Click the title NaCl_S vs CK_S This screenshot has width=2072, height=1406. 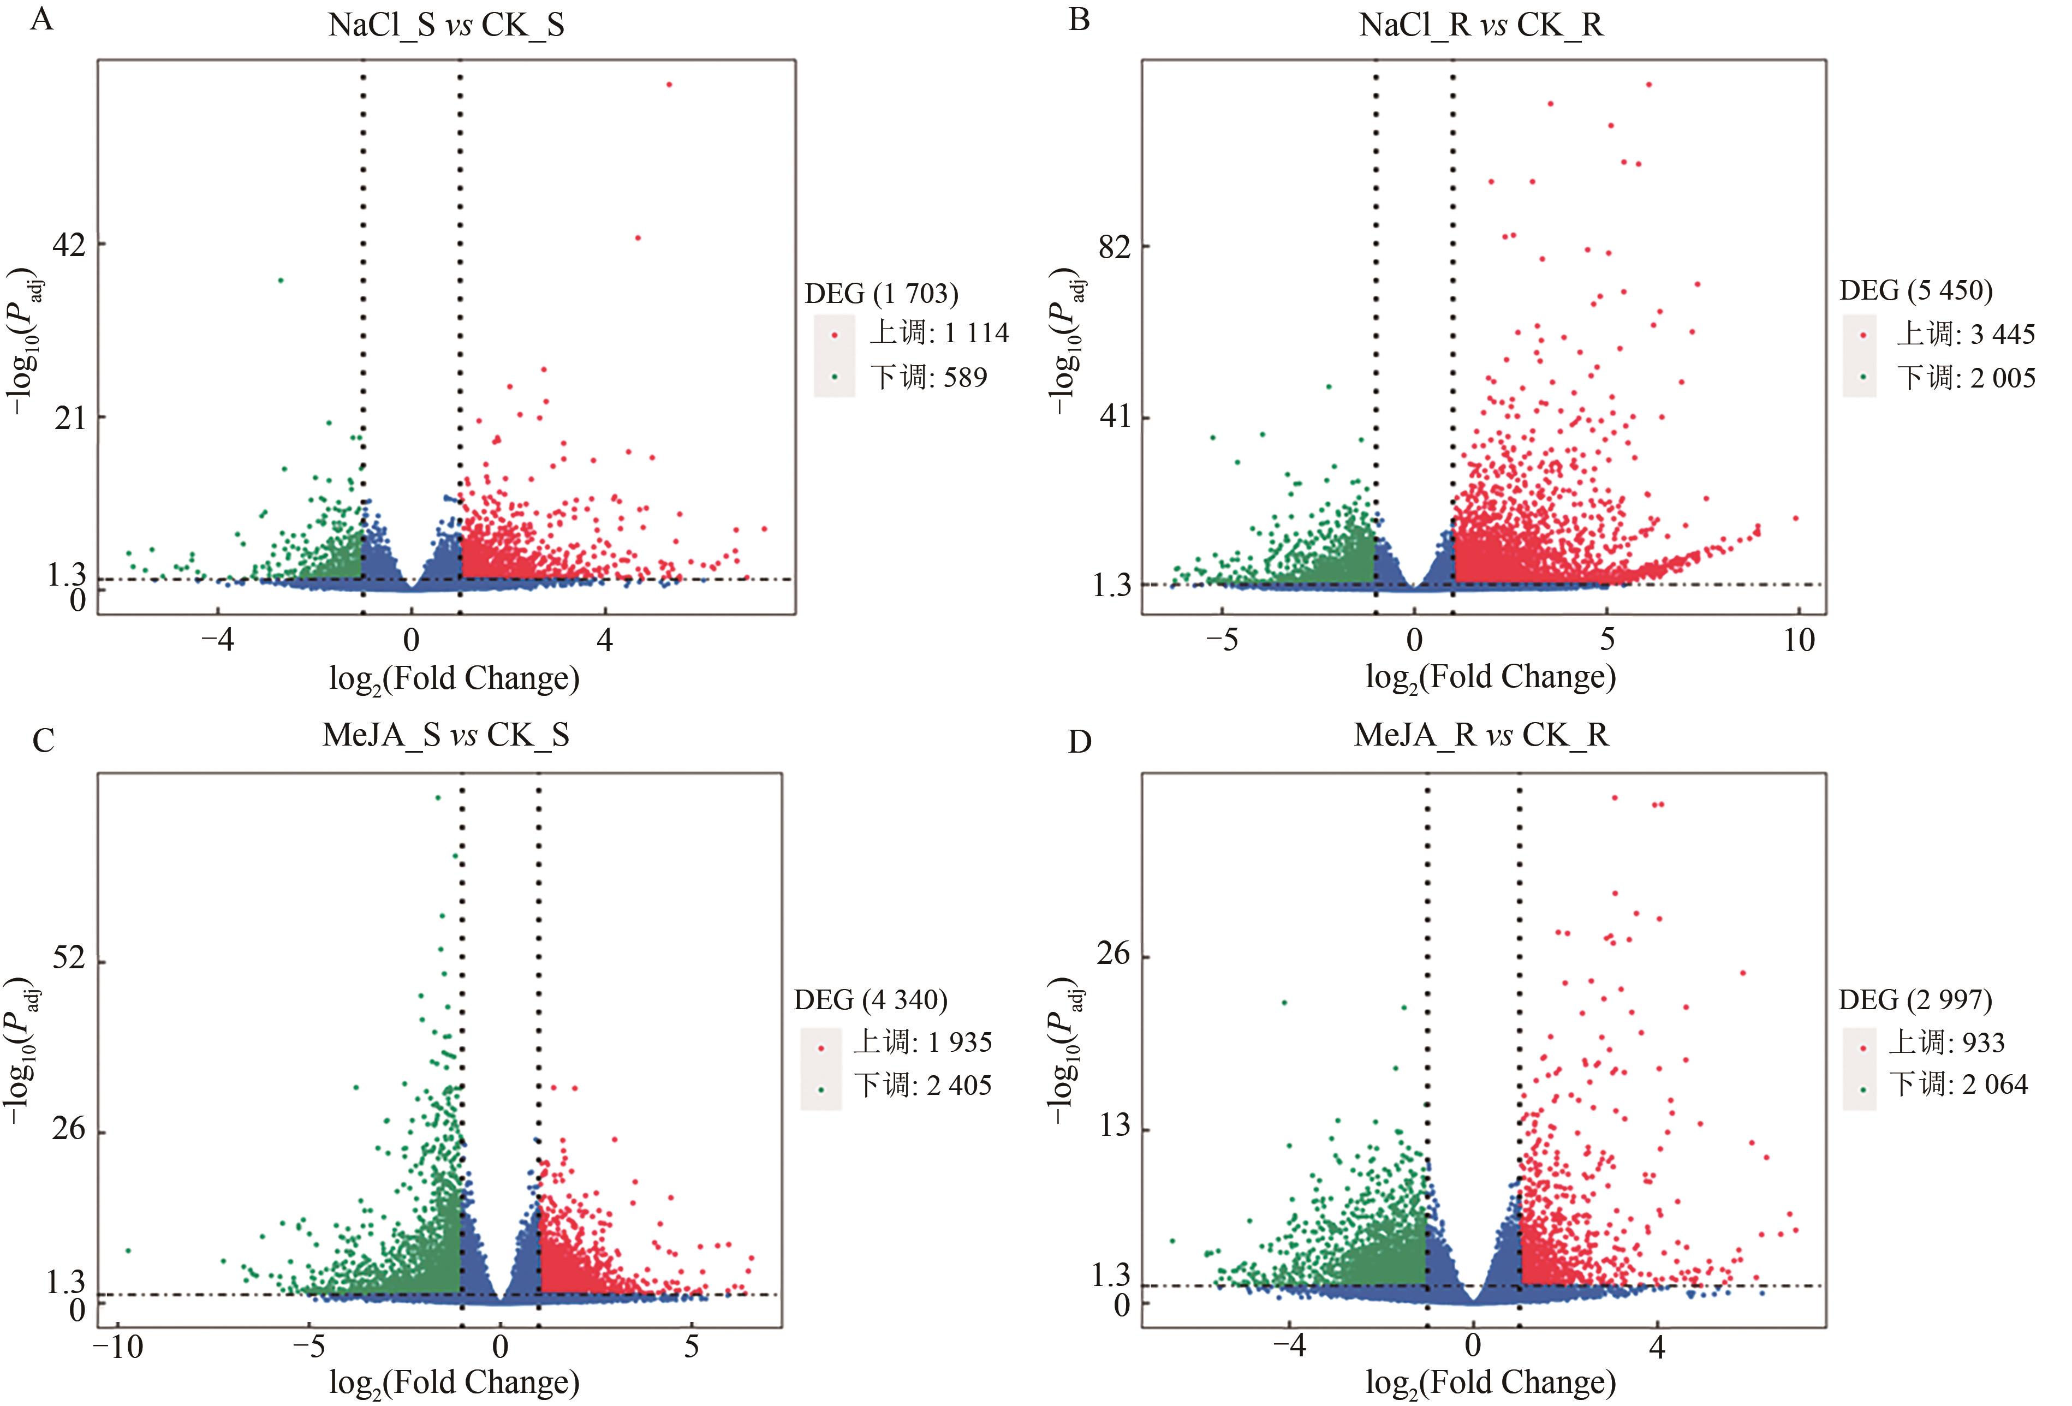tap(446, 25)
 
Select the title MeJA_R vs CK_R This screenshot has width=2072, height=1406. tap(1481, 735)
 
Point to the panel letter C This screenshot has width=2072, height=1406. tap(43, 740)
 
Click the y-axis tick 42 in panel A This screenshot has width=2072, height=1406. tap(69, 243)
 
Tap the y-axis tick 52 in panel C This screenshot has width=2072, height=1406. tap(69, 958)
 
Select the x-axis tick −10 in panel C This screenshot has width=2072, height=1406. tap(118, 1347)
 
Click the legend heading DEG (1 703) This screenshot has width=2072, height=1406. tap(882, 293)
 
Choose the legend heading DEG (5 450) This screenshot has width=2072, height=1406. tap(1916, 290)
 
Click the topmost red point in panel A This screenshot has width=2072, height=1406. tap(669, 85)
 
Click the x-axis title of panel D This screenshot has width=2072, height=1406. tap(1491, 1382)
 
